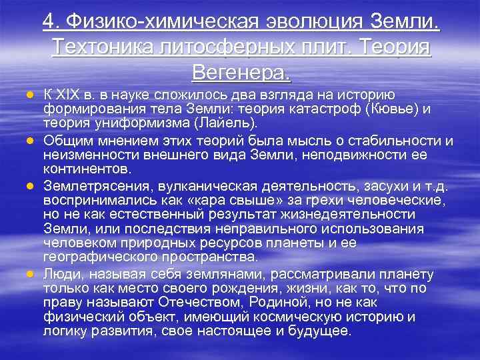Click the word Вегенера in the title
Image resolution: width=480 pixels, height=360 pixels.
[241, 70]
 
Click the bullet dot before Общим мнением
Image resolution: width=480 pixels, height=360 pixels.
[31, 141]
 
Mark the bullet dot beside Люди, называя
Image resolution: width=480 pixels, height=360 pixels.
[31, 274]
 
